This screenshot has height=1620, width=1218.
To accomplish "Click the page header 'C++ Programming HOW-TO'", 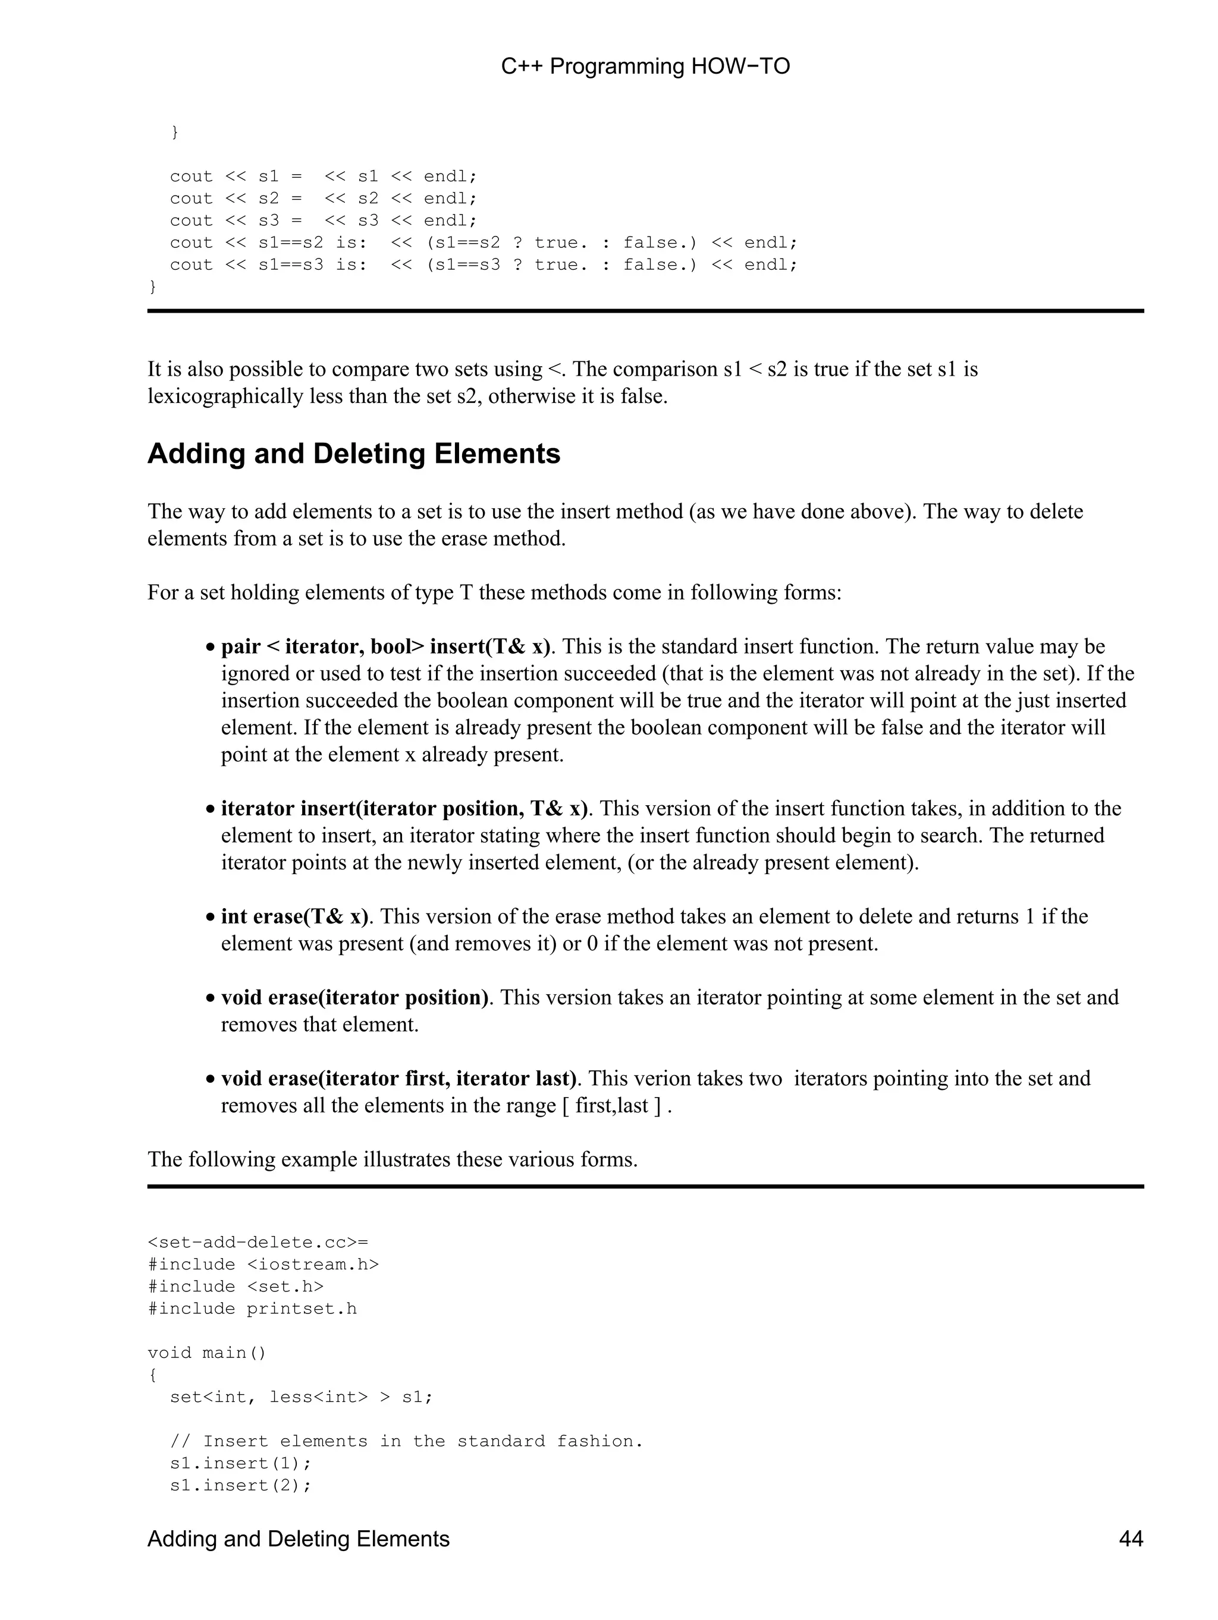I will coord(645,67).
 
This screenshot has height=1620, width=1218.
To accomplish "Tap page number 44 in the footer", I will coord(1130,1538).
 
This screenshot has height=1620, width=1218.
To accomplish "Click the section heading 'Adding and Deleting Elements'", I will coord(353,454).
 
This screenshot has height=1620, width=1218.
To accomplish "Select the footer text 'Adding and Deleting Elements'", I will coord(299,1538).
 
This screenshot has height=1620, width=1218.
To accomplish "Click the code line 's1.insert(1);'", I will coord(240,1463).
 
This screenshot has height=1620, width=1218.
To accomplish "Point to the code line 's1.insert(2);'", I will coord(240,1485).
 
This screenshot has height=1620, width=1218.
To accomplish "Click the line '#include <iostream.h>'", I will coord(263,1265).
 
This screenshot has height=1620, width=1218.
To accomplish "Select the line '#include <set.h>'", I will coord(236,1287).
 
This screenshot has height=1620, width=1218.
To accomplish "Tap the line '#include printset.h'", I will coord(252,1309).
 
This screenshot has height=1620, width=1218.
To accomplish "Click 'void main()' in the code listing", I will coord(206,1353).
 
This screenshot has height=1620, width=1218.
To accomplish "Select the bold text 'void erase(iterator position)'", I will coord(354,997).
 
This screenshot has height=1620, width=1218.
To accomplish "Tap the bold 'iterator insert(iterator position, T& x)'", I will coord(404,809).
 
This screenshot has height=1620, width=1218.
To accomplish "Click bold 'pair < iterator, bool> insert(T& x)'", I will coord(385,647).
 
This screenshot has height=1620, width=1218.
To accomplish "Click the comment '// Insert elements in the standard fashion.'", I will coord(406,1441).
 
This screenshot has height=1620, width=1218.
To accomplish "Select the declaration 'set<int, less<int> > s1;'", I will coord(301,1397).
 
